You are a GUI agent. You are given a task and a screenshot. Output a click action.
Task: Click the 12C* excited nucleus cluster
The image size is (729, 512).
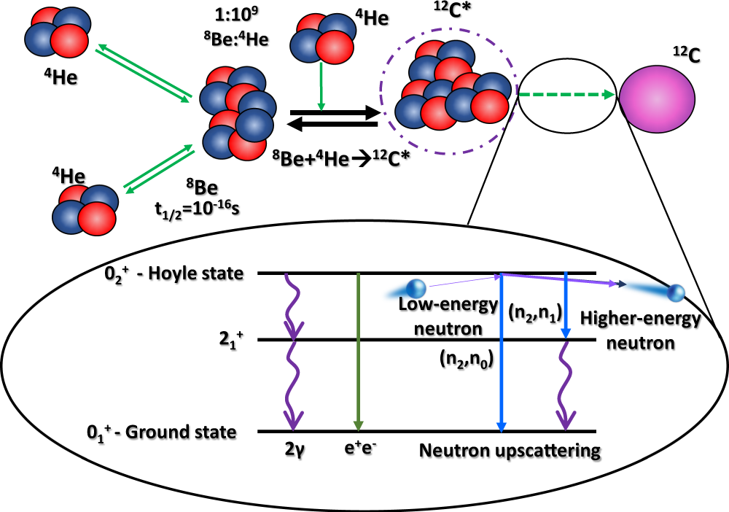(453, 92)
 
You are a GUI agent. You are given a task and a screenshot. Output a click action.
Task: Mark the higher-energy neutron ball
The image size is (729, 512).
(677, 293)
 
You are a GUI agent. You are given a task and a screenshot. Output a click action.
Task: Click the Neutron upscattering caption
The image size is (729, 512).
(510, 450)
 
